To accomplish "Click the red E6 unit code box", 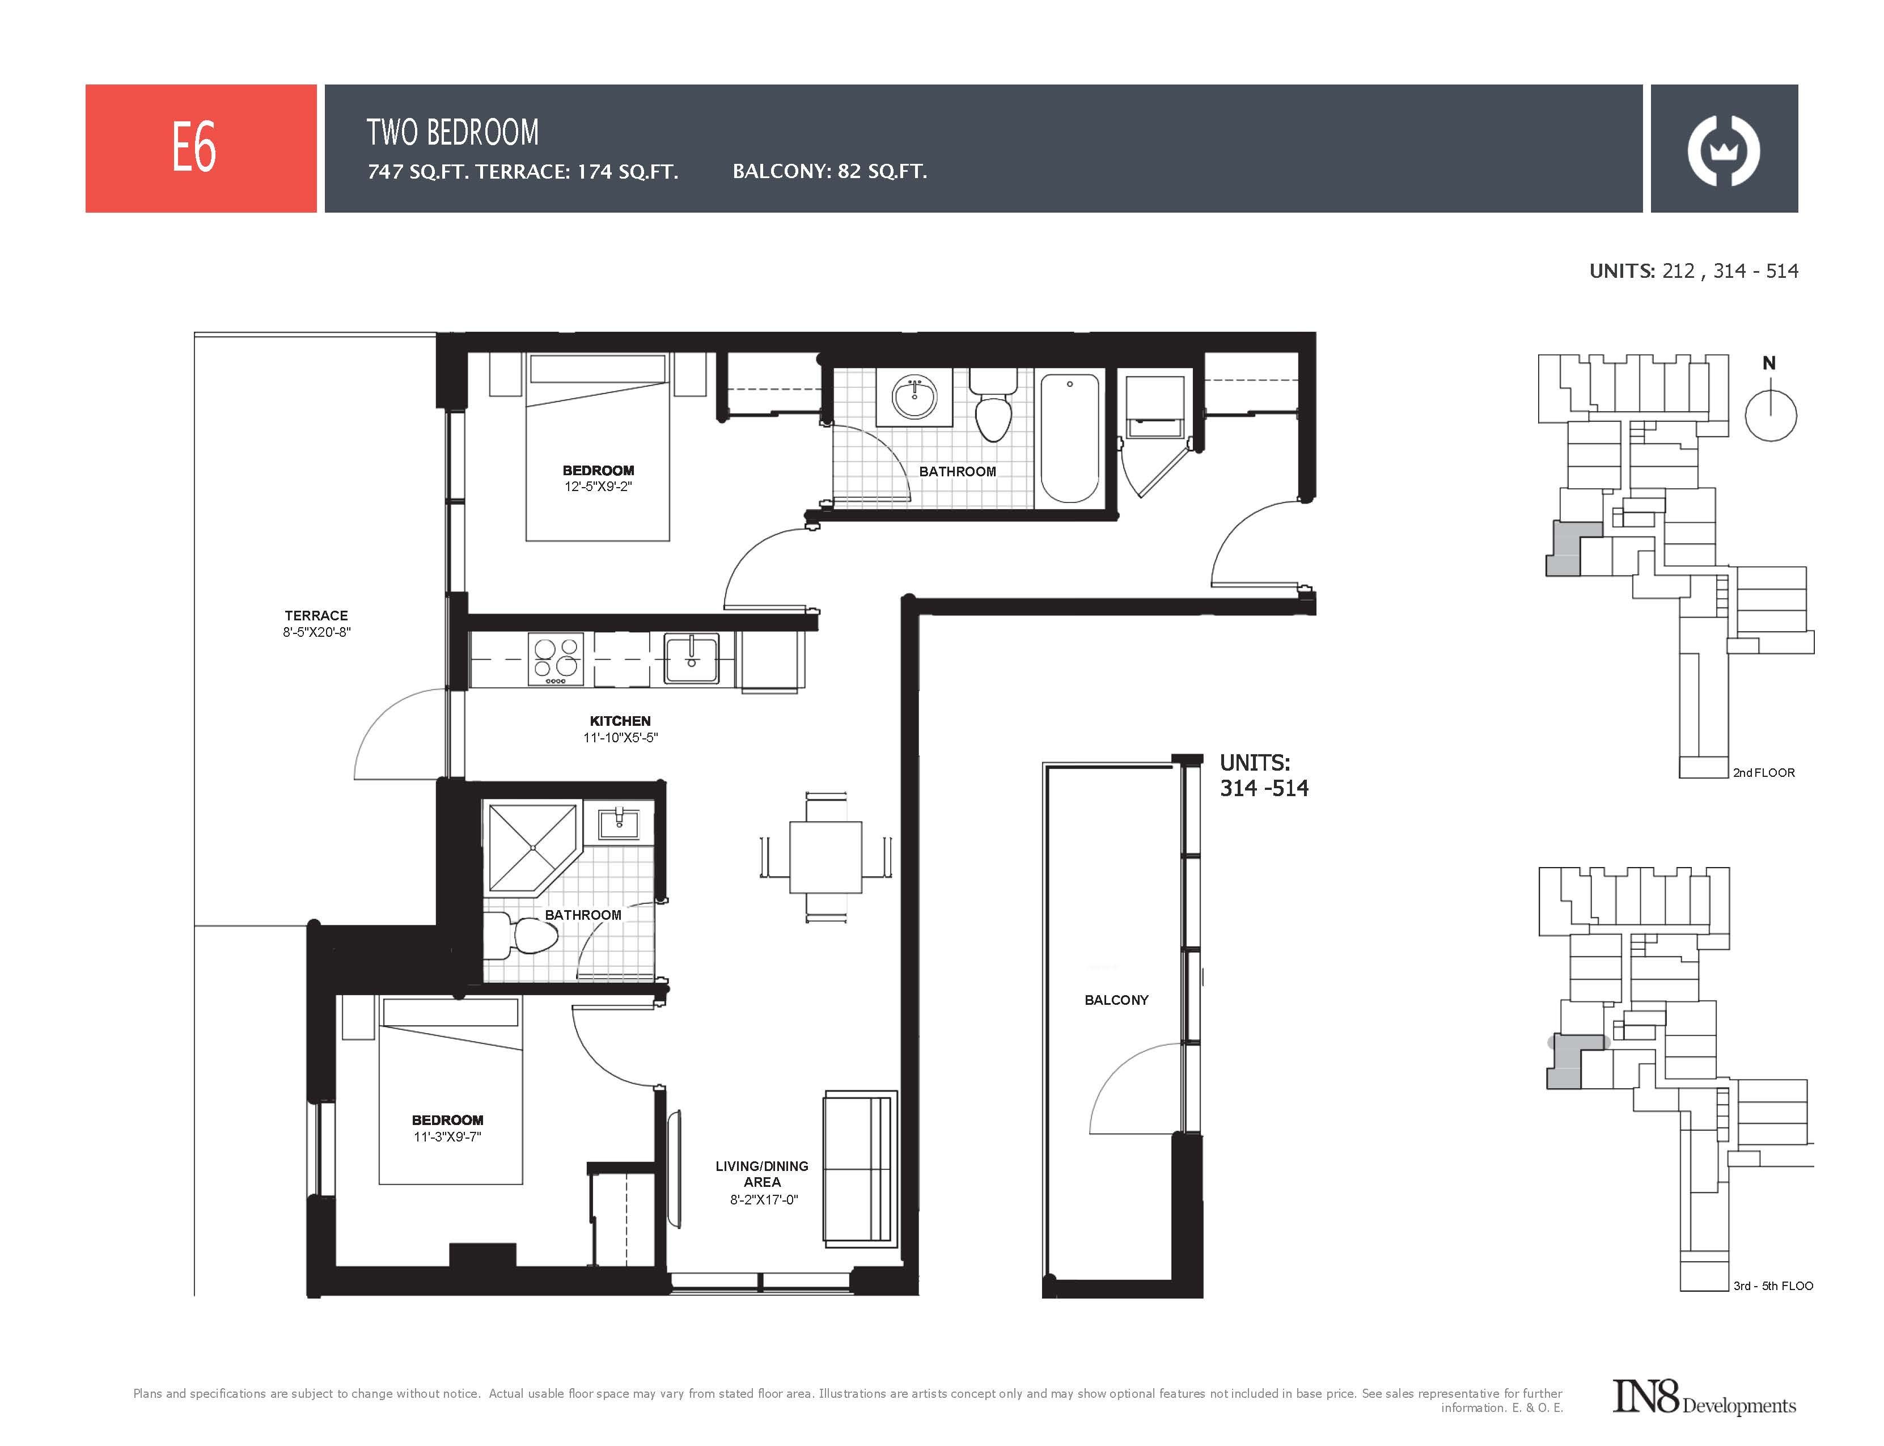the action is [201, 148].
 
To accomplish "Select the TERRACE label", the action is [316, 615].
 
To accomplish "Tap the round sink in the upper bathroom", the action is [914, 397].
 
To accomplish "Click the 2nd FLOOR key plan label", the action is [1763, 772].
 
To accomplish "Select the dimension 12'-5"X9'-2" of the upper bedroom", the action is [598, 487].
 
